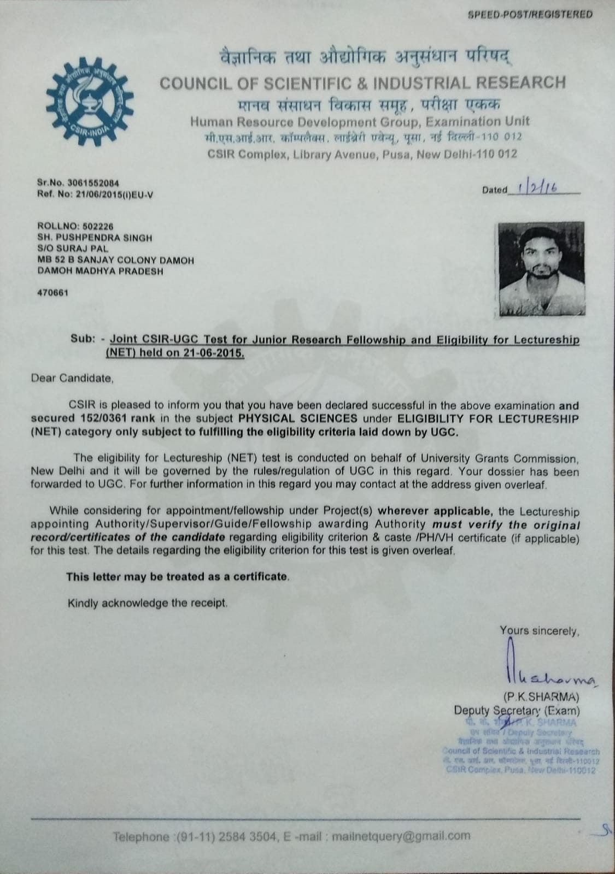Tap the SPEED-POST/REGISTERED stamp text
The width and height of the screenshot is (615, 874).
(x=530, y=15)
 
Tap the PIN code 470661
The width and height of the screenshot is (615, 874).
(x=52, y=292)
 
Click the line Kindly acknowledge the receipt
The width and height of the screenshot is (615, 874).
(x=147, y=603)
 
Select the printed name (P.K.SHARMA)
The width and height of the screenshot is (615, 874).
(x=541, y=697)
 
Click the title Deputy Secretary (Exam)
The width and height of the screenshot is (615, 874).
(x=516, y=711)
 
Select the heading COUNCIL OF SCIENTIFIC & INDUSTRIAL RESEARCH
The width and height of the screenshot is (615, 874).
(x=362, y=82)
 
